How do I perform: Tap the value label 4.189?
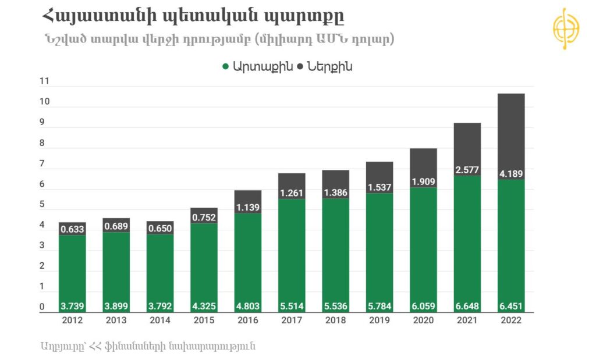point(510,173)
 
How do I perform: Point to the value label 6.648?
point(467,306)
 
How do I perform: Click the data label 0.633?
point(73,229)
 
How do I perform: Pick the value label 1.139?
point(248,207)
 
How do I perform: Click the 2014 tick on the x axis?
point(160,320)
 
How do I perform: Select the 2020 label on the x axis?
point(423,320)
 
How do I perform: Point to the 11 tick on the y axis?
point(44,82)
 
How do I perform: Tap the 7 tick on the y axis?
point(41,164)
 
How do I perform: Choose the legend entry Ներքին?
point(329,67)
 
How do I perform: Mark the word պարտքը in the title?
point(309,16)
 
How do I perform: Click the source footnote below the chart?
point(148,346)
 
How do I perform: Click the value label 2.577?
point(467,169)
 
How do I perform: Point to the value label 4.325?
point(204,306)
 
